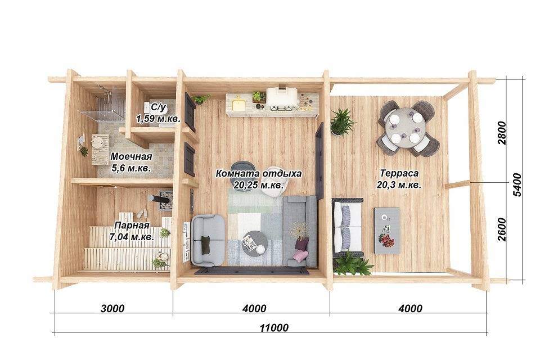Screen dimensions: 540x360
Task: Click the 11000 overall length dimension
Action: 274,327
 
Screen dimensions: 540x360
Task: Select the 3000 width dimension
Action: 112,308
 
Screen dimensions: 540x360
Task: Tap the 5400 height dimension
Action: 517,184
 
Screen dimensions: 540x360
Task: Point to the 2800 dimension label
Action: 502,133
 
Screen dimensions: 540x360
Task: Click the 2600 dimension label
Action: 502,229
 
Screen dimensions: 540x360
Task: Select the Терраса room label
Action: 399,173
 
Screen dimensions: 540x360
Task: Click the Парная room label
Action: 132,226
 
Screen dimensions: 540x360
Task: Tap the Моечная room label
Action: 131,157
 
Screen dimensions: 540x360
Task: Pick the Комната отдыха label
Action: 259,173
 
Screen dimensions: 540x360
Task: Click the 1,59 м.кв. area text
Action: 158,120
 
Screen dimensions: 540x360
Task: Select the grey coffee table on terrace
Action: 387,231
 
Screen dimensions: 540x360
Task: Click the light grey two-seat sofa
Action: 209,240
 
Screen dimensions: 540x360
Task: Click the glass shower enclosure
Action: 102,103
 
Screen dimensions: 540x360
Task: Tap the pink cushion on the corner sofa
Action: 300,255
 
